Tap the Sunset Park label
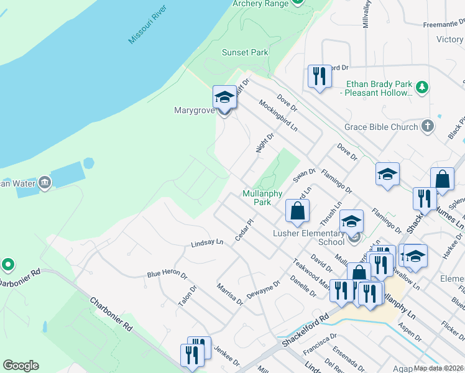(245, 53)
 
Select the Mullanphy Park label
(257, 198)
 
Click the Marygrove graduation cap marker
(224, 98)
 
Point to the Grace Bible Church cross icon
(427, 127)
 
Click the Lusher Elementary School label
(309, 237)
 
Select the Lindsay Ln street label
(207, 243)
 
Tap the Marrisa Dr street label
(230, 294)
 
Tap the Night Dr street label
(265, 142)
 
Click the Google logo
(21, 365)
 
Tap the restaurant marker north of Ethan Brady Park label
(319, 76)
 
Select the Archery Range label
(260, 4)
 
